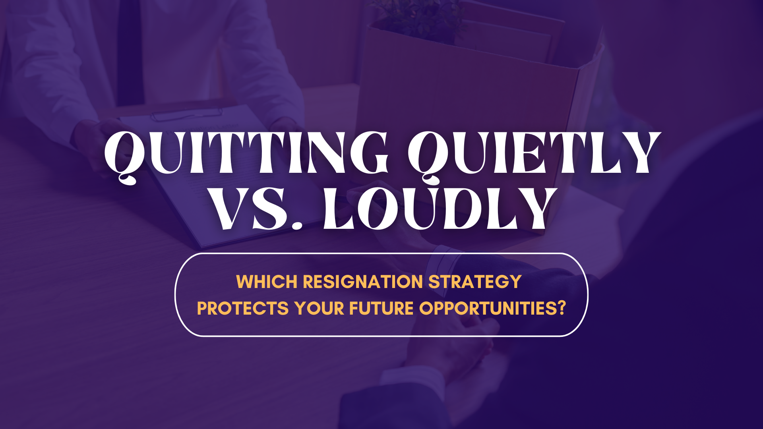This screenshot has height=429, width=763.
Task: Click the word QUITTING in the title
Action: pyautogui.click(x=246, y=155)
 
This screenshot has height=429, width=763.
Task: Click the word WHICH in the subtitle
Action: pyautogui.click(x=267, y=282)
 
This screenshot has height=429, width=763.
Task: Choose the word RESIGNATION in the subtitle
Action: pyautogui.click(x=363, y=282)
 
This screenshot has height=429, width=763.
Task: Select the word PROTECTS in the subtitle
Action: pyautogui.click(x=243, y=309)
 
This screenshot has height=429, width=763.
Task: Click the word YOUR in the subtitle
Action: pyautogui.click(x=319, y=309)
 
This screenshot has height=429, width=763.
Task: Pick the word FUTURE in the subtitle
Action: pyautogui.click(x=381, y=309)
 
